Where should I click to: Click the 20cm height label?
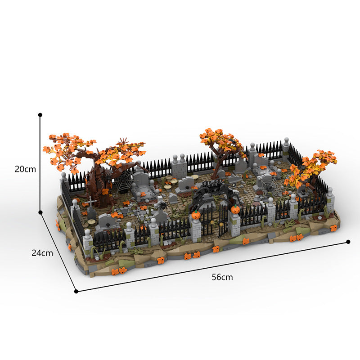point(25,169)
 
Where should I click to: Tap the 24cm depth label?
point(42,253)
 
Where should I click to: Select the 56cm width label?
point(222,277)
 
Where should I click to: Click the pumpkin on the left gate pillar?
point(196,216)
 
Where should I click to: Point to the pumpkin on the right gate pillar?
point(234,209)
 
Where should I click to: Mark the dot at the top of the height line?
point(40,115)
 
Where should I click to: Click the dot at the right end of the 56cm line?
point(348,242)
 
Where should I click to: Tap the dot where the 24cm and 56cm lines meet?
point(76,291)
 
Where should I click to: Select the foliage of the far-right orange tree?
point(315,166)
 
